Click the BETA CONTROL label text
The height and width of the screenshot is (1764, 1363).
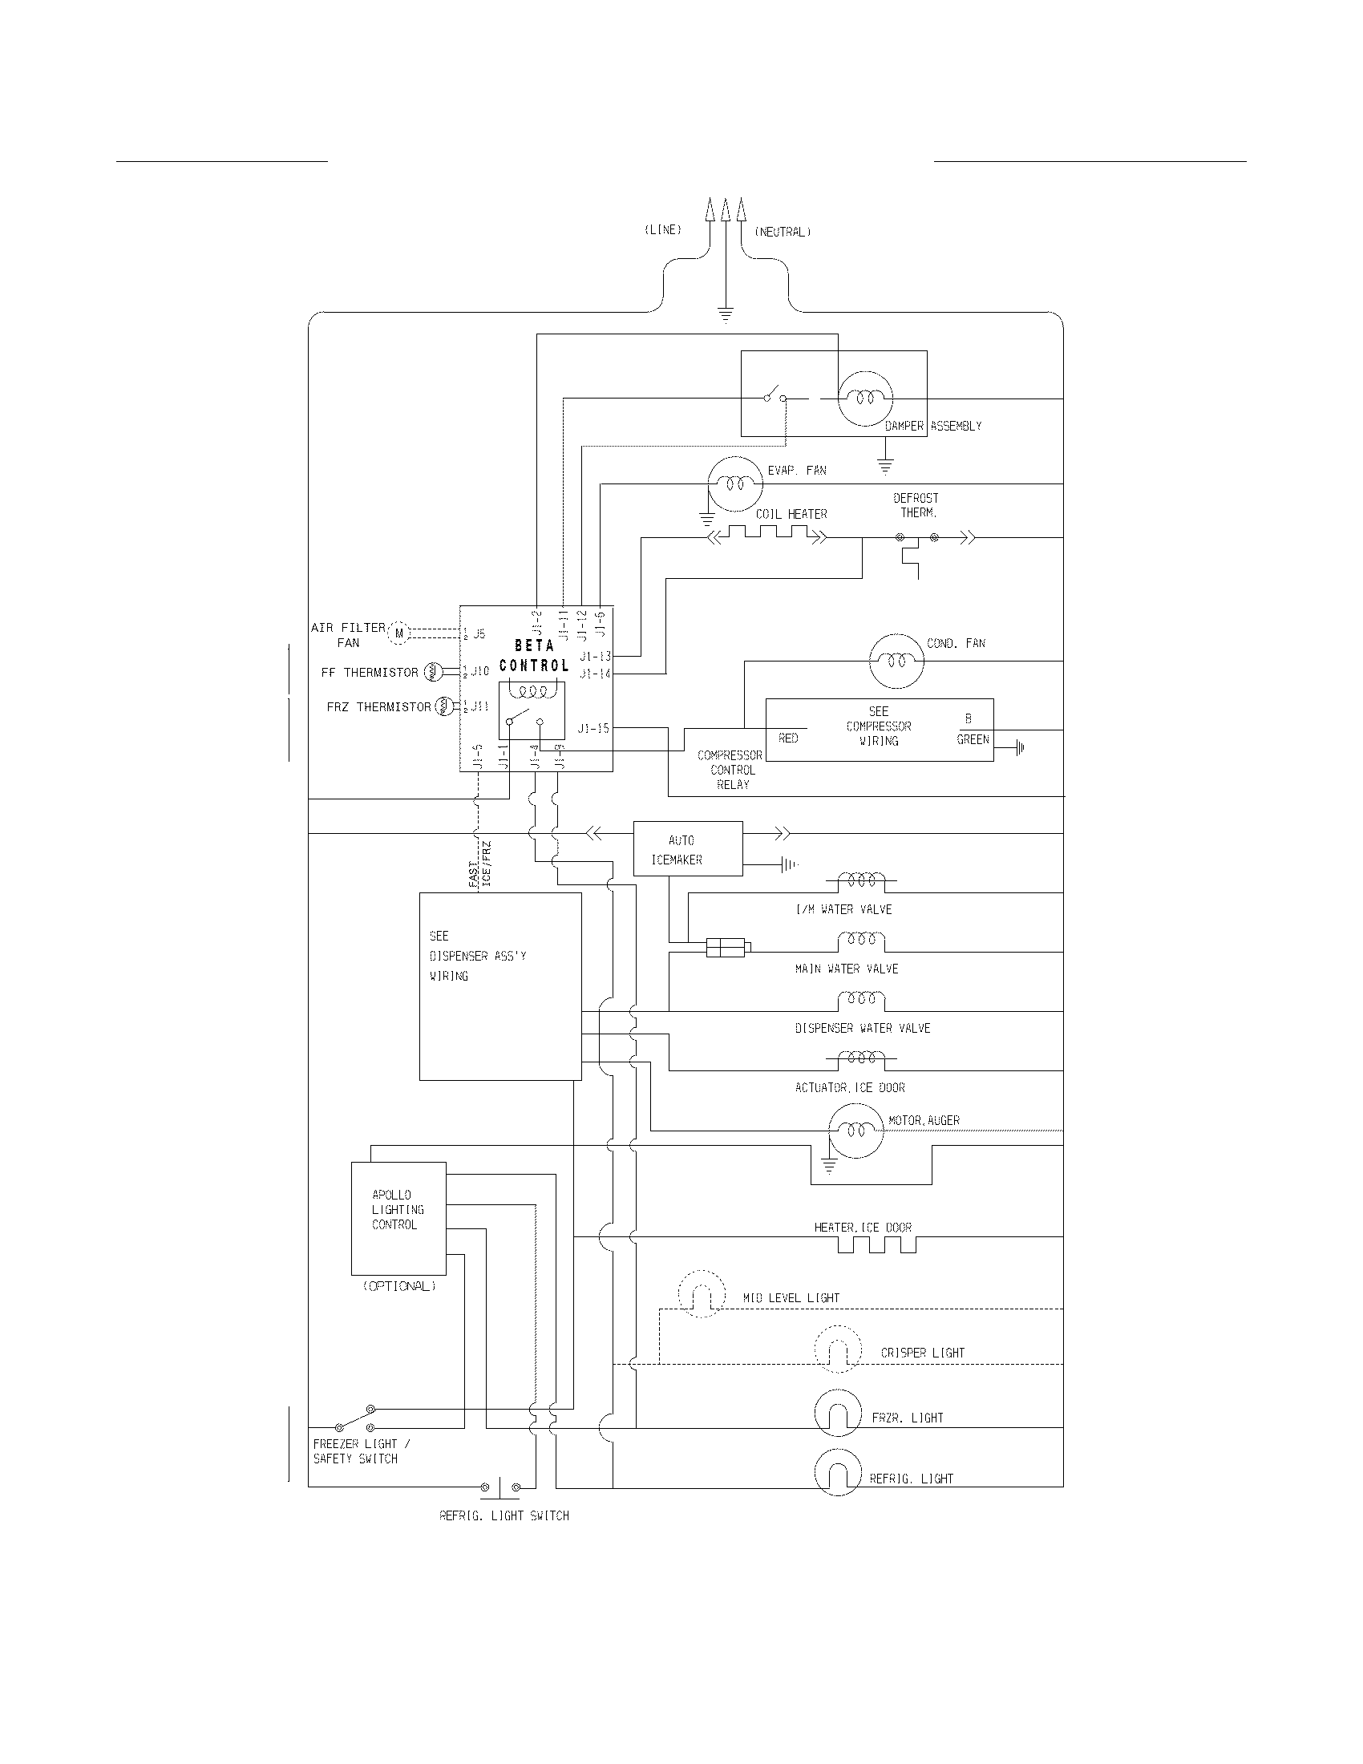(x=534, y=655)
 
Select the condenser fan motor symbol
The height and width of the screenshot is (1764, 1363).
(x=896, y=661)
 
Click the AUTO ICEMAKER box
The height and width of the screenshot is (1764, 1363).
(x=687, y=849)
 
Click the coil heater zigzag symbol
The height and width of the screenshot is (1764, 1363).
(x=767, y=533)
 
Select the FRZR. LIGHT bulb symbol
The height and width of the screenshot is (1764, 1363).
(x=838, y=1413)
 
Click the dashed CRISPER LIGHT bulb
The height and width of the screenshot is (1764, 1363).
(x=838, y=1349)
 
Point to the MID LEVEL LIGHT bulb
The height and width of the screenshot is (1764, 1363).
(x=700, y=1294)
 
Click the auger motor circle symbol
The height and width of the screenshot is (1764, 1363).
(x=856, y=1131)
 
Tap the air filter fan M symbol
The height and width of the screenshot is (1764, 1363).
(x=399, y=633)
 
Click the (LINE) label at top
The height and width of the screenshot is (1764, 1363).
(x=662, y=229)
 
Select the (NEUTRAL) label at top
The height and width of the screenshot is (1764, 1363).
(x=783, y=232)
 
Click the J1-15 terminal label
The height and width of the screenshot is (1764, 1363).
(x=593, y=729)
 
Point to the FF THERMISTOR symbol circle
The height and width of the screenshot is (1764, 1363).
(x=431, y=671)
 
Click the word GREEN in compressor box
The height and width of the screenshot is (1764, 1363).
(x=973, y=739)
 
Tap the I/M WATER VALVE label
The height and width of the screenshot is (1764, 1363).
(x=843, y=909)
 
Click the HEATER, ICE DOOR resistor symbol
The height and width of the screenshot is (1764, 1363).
(x=876, y=1244)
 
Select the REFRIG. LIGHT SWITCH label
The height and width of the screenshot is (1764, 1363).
(x=504, y=1516)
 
